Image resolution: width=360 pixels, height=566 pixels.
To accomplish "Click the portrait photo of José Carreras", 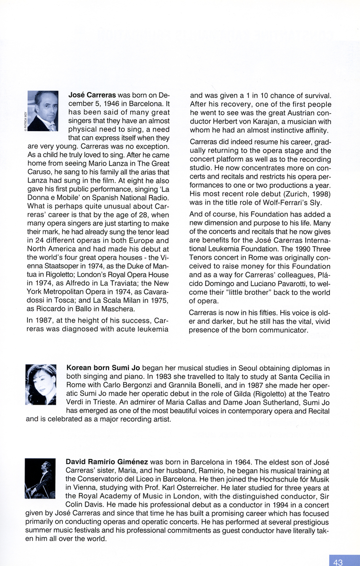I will pos(43,111).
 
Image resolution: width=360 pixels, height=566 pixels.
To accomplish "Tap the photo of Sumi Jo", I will pos(41,384).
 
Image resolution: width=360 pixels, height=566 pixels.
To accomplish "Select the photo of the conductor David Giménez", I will pos(40,479).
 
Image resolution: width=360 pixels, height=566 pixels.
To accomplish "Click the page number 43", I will pos(338,562).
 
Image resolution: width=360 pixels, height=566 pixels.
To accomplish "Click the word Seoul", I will pos(240,368).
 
